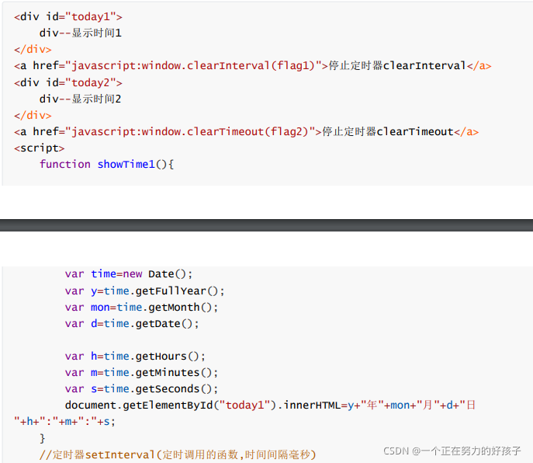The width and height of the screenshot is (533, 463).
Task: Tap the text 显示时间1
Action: (x=97, y=33)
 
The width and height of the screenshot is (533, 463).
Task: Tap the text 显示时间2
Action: (x=97, y=99)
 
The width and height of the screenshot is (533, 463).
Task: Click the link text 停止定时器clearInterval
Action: (x=397, y=66)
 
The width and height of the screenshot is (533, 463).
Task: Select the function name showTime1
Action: (x=126, y=164)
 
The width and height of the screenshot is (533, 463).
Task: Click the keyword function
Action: (x=65, y=164)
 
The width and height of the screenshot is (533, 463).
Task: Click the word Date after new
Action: (x=161, y=273)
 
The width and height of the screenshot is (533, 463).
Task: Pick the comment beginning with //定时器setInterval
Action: (x=178, y=454)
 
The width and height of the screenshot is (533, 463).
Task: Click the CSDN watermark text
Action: (x=452, y=451)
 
